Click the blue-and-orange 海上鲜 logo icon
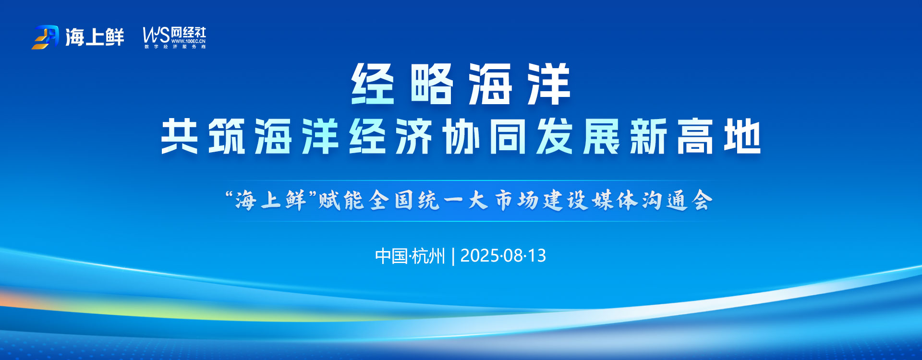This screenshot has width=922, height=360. click(46, 37)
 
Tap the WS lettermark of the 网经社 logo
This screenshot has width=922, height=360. click(156, 35)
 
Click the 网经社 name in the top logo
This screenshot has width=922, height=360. click(189, 32)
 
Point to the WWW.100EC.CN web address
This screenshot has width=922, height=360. click(189, 41)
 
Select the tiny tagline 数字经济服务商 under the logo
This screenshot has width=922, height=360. click(175, 47)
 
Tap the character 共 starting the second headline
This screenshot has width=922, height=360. click(180, 137)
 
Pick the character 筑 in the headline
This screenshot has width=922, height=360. click(227, 137)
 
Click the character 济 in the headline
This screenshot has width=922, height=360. click(414, 137)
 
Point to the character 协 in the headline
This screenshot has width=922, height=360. click(461, 137)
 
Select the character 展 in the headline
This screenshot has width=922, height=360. click(602, 137)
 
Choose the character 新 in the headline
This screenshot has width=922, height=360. click(649, 137)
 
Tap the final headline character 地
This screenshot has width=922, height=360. click(743, 137)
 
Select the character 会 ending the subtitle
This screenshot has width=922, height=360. click(702, 200)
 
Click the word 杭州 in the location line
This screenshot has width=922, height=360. click(428, 256)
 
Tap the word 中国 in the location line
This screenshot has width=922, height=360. click(392, 256)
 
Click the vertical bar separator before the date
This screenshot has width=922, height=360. click(453, 256)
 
